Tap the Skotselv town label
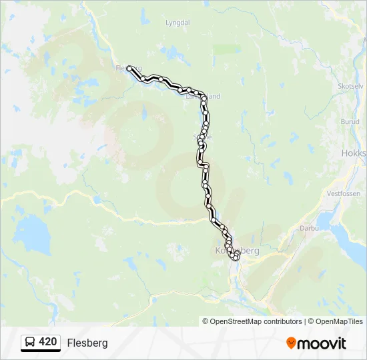click(350, 87)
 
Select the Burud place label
click(350, 122)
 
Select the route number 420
click(48, 342)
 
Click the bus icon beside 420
click(30, 343)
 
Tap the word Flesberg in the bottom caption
click(87, 343)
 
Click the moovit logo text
click(322, 343)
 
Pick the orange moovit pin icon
click(291, 343)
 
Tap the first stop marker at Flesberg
click(129, 68)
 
